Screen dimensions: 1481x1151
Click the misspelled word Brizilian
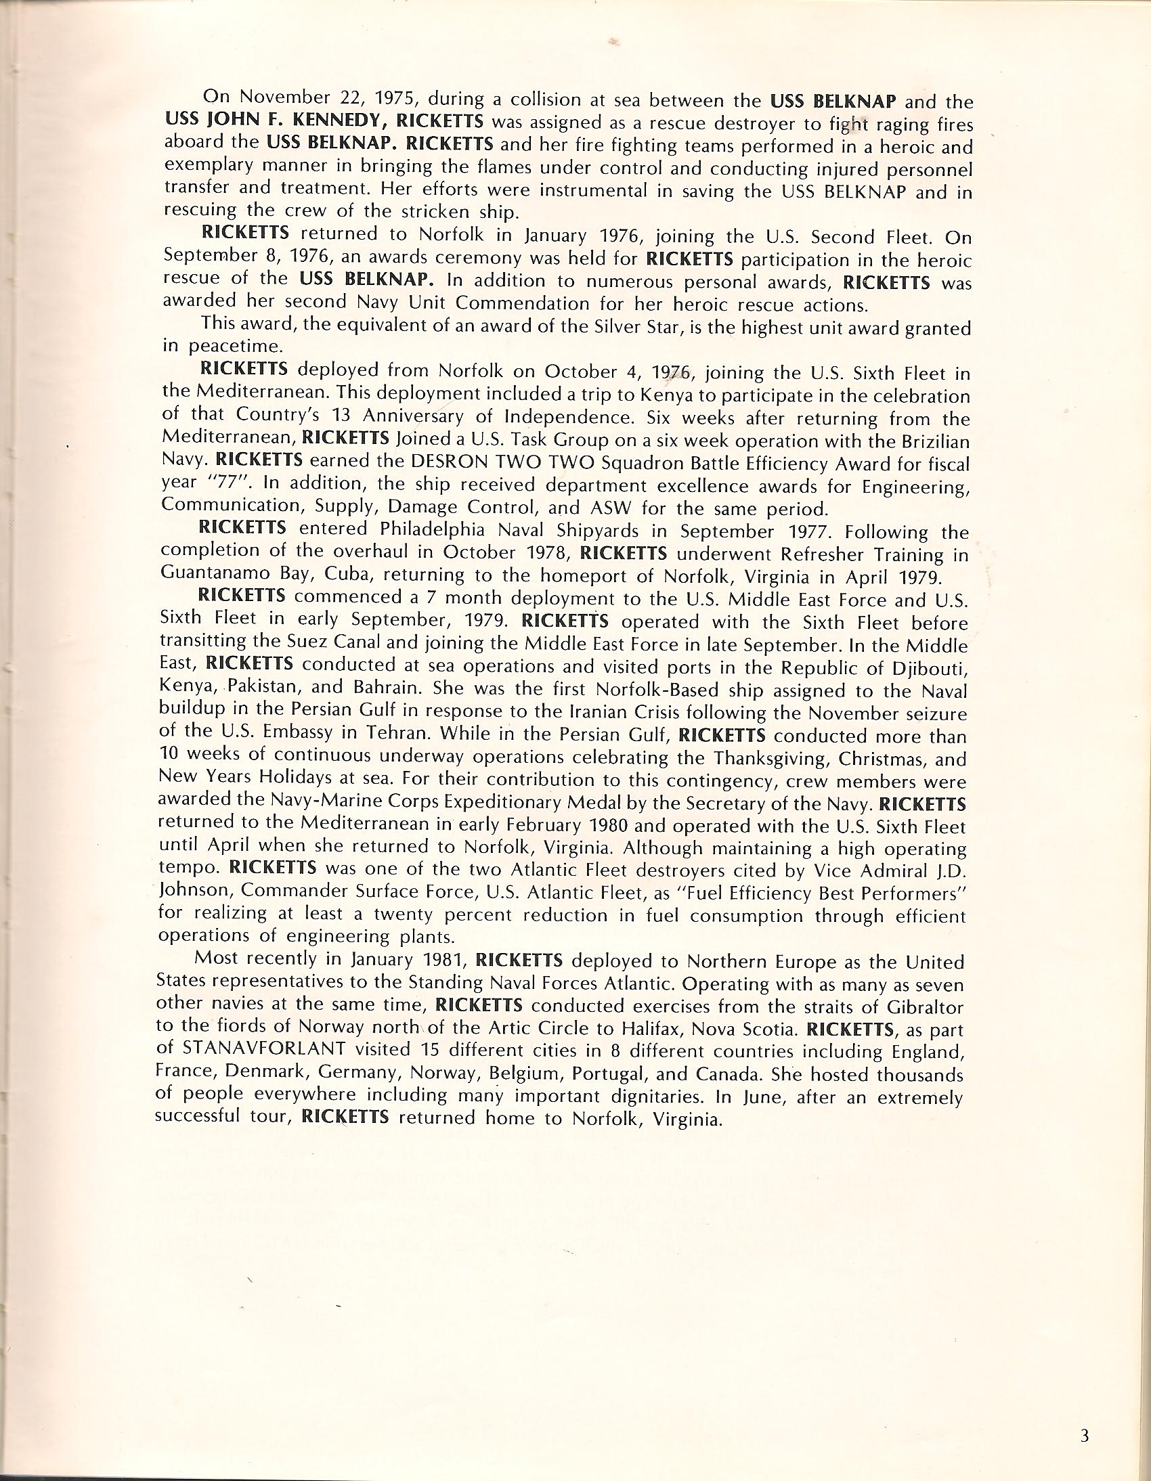[924, 441]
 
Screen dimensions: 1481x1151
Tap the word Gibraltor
[922, 1007]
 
